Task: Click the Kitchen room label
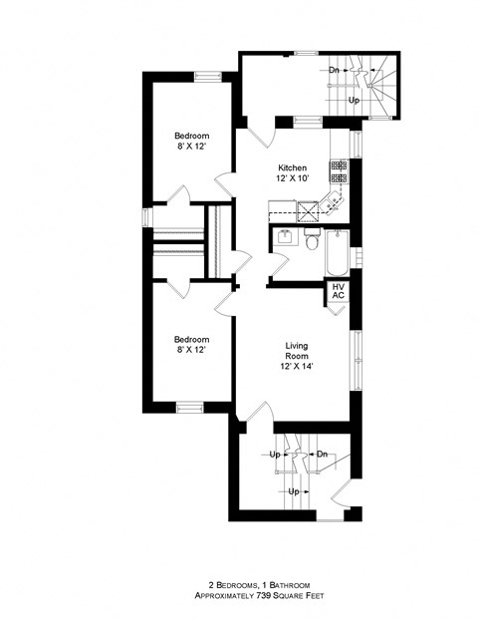point(292,167)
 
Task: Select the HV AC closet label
point(339,291)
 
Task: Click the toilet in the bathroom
point(313,241)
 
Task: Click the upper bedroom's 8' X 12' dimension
point(191,148)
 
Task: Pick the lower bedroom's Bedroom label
point(191,339)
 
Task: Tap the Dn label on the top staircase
point(336,71)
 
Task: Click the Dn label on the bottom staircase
point(322,455)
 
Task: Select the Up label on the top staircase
point(354,101)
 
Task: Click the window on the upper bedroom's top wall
point(207,75)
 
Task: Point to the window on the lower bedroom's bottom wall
point(189,406)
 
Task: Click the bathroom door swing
point(278,267)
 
